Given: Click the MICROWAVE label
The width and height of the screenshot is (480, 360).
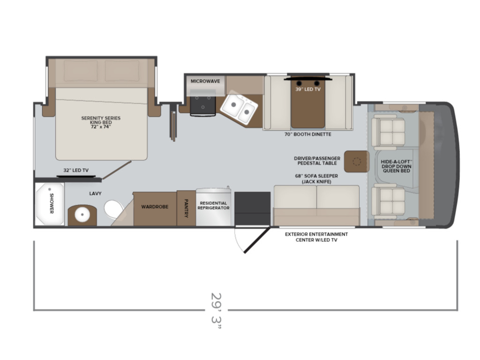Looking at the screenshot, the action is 205,81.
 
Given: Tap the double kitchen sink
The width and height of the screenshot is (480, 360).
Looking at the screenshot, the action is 239,107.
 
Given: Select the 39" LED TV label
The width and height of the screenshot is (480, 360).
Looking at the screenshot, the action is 307,90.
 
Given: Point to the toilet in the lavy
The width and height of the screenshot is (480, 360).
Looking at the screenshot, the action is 113,209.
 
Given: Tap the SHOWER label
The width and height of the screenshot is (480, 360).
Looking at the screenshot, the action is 52,203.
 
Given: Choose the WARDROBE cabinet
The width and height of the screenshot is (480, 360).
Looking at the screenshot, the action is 155,209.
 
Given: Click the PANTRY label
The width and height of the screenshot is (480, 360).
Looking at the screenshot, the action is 186,209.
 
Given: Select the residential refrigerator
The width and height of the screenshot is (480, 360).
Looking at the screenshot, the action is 213,207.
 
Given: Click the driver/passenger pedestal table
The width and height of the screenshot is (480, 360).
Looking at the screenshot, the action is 356,161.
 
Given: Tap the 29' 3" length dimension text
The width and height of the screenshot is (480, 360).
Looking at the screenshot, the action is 216,311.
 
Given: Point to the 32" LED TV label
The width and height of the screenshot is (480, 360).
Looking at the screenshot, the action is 76,170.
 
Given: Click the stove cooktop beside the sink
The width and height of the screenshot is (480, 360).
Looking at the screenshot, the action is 202,103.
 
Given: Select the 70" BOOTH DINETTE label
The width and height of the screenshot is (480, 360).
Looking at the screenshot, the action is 307,134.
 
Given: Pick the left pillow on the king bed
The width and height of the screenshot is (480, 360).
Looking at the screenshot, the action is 81,71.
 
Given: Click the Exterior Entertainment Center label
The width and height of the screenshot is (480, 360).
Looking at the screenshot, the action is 316,237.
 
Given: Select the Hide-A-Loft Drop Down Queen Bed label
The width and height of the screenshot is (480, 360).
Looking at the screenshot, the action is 396,166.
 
